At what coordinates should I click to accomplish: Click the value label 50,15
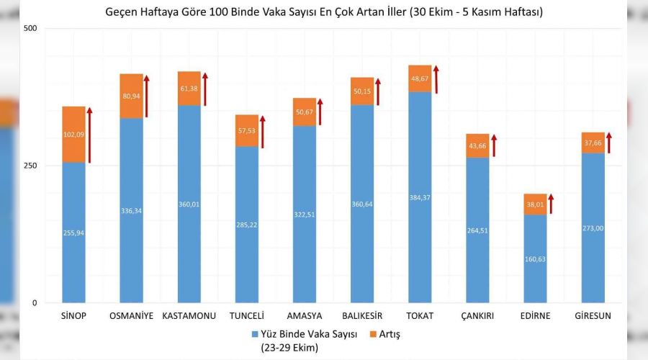[x=362, y=91]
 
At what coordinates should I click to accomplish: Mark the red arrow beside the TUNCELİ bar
[x=263, y=131]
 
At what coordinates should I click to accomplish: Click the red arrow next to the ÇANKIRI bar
[x=493, y=145]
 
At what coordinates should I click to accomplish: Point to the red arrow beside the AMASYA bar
[x=320, y=112]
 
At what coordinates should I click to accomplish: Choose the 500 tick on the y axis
[x=31, y=28]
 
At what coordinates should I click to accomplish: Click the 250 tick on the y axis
[x=31, y=166]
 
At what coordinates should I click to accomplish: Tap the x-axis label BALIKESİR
[x=362, y=315]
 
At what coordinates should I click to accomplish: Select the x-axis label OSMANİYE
[x=131, y=315]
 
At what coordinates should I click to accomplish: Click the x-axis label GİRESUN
[x=593, y=315]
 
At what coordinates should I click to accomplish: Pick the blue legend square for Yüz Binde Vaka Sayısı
[x=255, y=334]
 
